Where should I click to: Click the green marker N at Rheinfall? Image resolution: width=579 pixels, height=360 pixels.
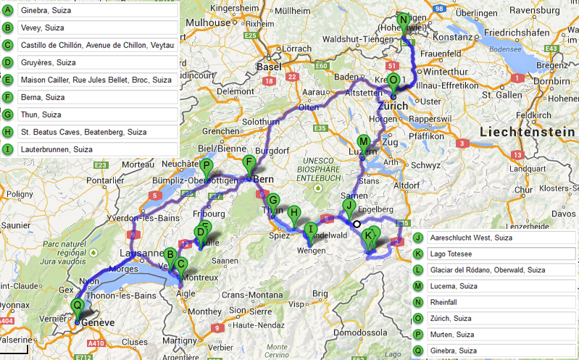[x=404, y=20]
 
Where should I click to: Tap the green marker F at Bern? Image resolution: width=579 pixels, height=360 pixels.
[x=249, y=162]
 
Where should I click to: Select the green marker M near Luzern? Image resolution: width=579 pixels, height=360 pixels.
[x=364, y=142]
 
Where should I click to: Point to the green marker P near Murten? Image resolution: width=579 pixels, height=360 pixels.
[x=207, y=165]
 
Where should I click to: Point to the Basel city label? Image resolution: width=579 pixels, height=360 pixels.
[x=268, y=67]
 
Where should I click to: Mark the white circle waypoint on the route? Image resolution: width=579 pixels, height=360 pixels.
[x=357, y=224]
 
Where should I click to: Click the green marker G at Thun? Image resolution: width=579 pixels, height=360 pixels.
[x=273, y=201]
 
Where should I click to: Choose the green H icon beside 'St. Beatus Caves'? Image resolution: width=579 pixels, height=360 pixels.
[x=8, y=132]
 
